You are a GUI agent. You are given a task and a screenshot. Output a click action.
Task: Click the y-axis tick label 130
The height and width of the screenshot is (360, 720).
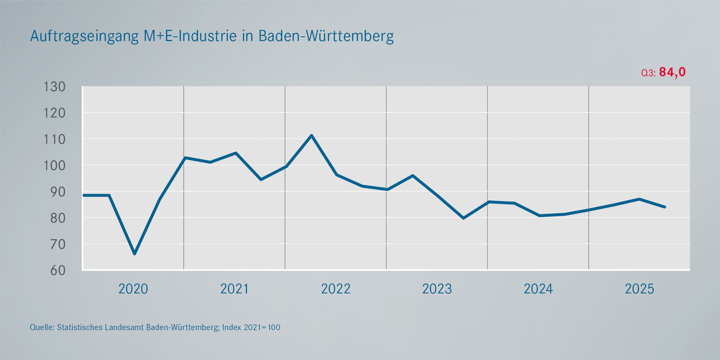click(54, 87)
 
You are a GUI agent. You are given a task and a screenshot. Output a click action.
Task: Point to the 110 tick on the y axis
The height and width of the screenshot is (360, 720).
click(54, 139)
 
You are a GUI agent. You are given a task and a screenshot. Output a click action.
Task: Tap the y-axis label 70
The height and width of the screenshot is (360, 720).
click(58, 244)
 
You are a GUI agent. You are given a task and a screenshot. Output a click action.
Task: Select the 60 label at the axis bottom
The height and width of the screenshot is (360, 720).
click(58, 270)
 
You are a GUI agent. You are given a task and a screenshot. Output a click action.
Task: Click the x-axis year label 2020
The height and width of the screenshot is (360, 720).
click(133, 289)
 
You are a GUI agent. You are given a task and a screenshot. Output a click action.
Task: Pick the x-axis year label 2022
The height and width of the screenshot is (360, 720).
click(336, 289)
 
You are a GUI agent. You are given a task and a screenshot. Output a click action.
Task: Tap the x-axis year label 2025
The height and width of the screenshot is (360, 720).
click(639, 289)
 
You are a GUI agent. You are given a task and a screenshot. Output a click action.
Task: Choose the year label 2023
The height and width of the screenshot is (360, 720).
click(437, 289)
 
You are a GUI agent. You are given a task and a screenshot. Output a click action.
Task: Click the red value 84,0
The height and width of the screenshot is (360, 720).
click(672, 72)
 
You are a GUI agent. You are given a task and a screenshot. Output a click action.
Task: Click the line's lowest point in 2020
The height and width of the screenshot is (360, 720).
click(135, 254)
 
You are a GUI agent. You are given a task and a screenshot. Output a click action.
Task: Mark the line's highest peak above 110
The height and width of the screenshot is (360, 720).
click(311, 135)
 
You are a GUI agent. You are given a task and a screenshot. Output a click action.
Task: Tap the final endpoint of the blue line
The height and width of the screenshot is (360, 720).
click(665, 207)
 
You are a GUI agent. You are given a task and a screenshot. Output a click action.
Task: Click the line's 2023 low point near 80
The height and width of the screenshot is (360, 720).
click(463, 218)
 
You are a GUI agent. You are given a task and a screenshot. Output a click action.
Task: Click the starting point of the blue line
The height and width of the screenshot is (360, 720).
click(84, 195)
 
